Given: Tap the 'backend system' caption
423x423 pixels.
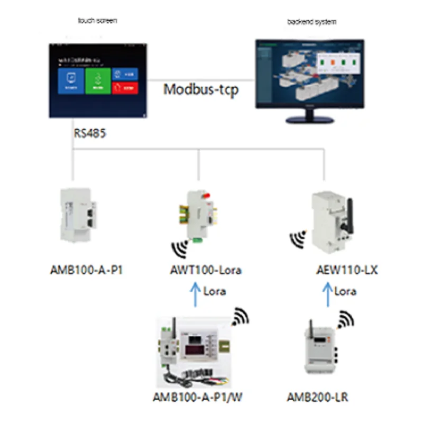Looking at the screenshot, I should [311, 22].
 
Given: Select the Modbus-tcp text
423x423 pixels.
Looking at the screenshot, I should [200, 89].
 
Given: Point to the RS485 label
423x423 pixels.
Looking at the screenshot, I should [89, 133].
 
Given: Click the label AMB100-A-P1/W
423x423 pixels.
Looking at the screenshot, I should [198, 397].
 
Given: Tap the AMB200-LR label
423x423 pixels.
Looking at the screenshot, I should [317, 397].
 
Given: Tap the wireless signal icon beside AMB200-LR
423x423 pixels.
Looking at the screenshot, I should [346, 320].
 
